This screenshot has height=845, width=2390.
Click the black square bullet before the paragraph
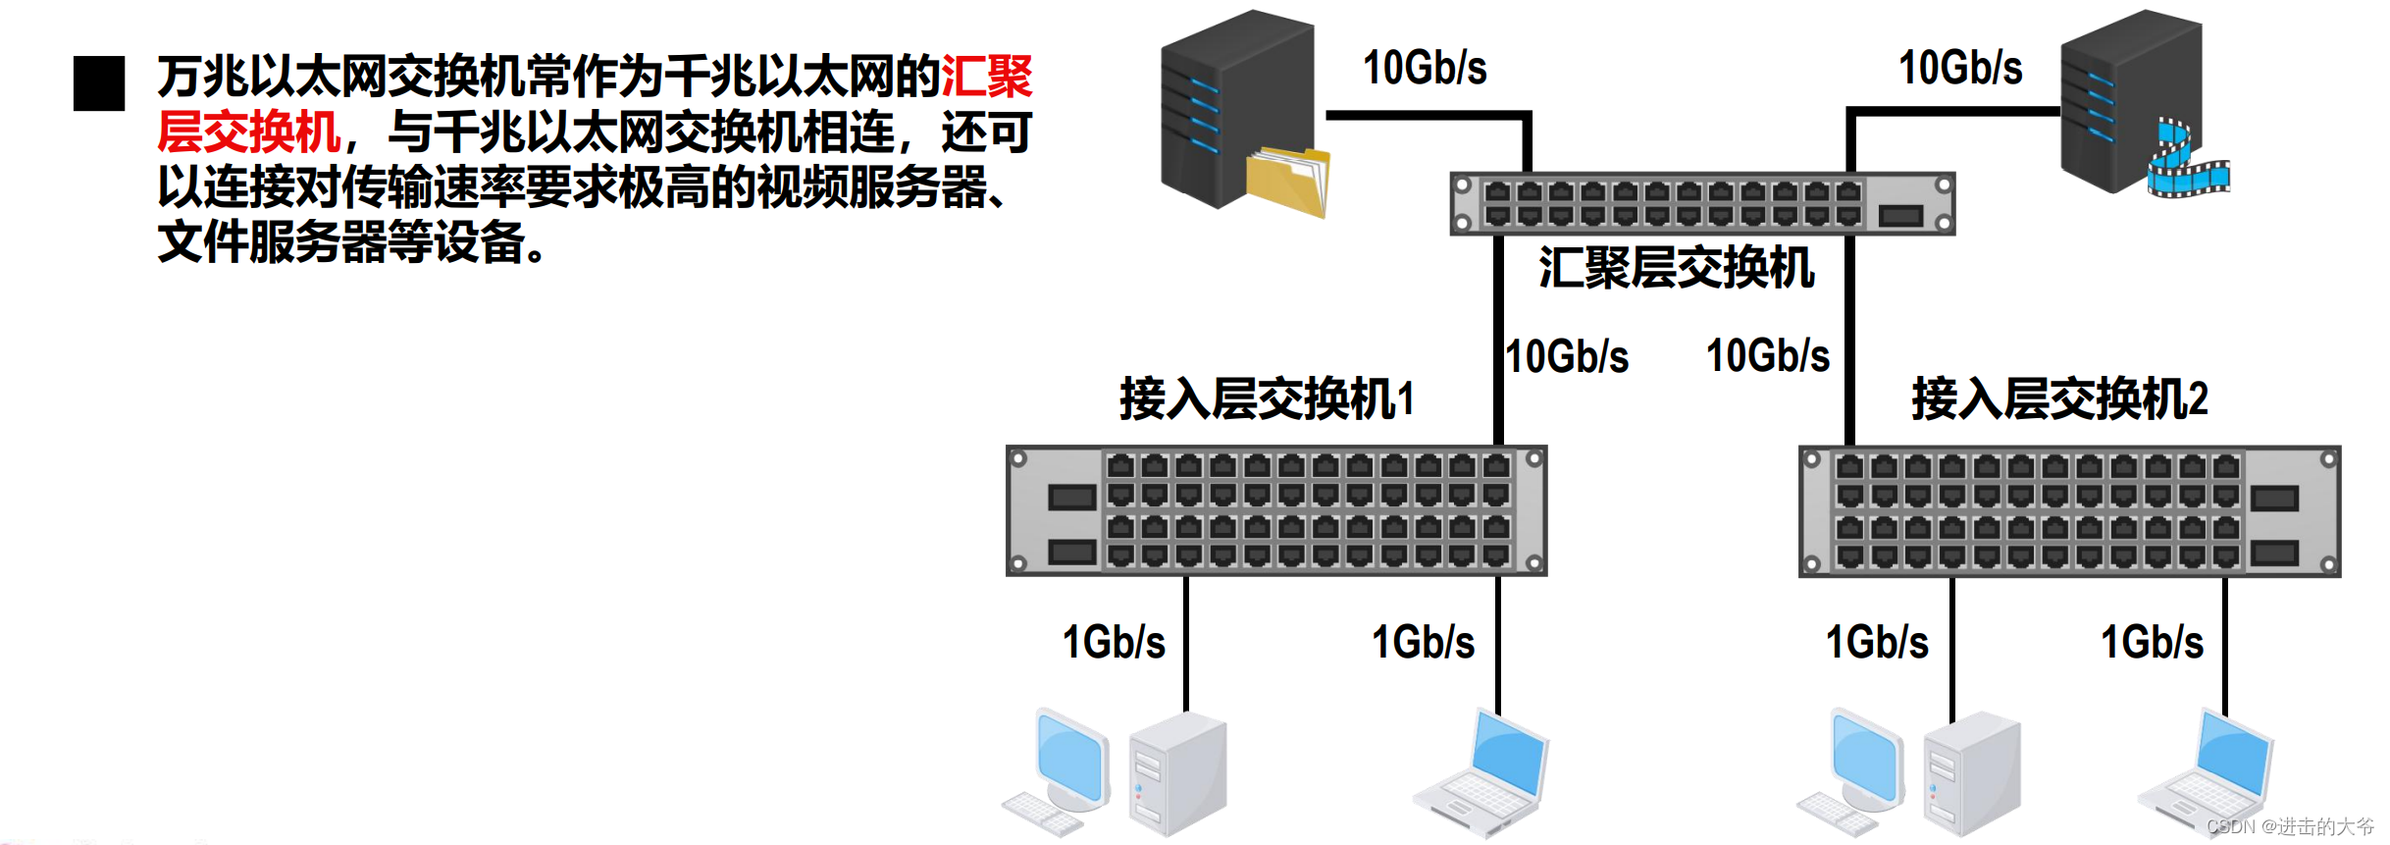(x=99, y=83)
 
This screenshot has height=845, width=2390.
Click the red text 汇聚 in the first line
(x=986, y=77)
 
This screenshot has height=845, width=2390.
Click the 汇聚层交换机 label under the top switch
(x=1676, y=268)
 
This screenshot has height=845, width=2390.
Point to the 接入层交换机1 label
(x=1267, y=399)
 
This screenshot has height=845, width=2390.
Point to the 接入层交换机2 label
(x=2059, y=399)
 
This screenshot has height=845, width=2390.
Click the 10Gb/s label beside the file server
(x=1425, y=68)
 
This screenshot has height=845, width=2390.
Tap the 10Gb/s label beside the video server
(x=1960, y=68)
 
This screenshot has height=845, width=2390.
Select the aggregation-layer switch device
(x=1702, y=203)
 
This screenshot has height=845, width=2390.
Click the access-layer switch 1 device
(x=1276, y=510)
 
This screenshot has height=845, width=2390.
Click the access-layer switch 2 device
(x=2069, y=510)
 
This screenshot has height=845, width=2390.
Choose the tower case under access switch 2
(x=1972, y=775)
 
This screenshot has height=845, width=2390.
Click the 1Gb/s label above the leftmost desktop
(x=1114, y=643)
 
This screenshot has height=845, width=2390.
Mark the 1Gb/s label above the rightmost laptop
(x=2152, y=643)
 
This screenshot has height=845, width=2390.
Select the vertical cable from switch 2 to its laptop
(x=2224, y=643)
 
